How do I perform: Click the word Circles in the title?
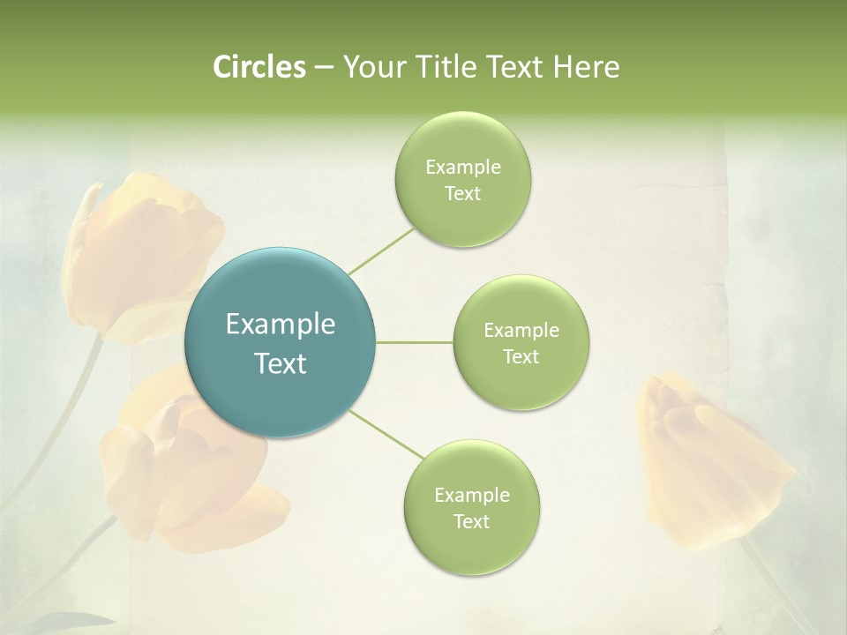click(x=259, y=67)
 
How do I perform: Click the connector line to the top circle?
click(x=381, y=251)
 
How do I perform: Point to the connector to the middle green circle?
click(x=415, y=342)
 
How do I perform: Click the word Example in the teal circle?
click(x=281, y=325)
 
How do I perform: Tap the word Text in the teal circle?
click(x=281, y=363)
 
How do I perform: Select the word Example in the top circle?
click(x=462, y=168)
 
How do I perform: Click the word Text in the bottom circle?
click(x=471, y=521)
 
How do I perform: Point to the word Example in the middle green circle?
click(x=521, y=330)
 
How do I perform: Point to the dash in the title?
click(x=324, y=67)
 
